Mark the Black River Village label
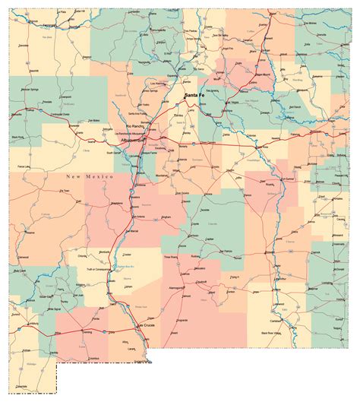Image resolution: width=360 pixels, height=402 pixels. pyautogui.click(x=276, y=333)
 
